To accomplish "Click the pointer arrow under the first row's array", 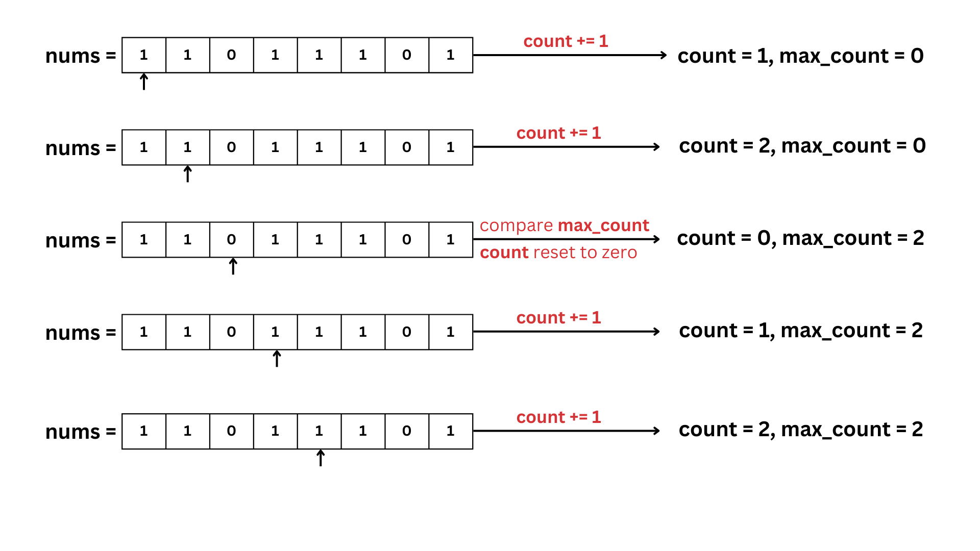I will tap(144, 82).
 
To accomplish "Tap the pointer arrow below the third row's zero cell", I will tap(233, 266).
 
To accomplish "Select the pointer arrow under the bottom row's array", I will tap(321, 458).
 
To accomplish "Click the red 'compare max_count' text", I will tap(564, 226).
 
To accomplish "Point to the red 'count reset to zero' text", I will tap(558, 253).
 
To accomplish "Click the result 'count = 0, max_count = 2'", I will tap(800, 238).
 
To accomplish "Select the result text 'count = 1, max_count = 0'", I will tap(800, 56).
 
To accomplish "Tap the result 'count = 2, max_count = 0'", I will tap(802, 146).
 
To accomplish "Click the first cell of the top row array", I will tap(144, 55).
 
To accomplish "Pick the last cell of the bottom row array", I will tap(450, 431).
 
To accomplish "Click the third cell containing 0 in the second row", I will tap(231, 147).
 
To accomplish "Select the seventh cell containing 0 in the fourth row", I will tap(406, 332).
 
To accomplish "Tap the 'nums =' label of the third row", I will tap(81, 240).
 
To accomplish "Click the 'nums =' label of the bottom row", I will tap(81, 432).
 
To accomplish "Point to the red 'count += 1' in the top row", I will tap(566, 41).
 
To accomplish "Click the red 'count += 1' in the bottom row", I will tap(558, 417).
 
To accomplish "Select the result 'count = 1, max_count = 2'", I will tap(800, 331).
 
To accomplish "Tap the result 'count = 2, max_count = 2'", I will tap(800, 430).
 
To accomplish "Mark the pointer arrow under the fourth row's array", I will tap(277, 359).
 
